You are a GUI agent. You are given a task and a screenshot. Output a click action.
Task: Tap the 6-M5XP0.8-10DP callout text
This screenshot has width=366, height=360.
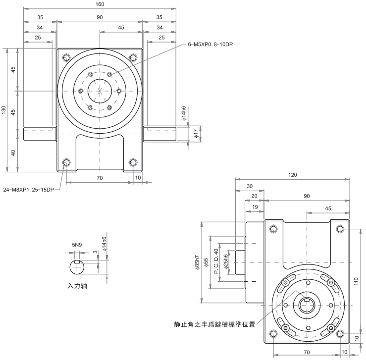210,45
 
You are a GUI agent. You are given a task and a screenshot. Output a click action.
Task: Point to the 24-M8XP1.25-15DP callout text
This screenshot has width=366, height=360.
28,190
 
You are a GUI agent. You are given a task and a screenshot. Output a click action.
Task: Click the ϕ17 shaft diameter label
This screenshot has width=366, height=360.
196,133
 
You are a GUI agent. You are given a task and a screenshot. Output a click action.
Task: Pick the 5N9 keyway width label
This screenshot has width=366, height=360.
77,245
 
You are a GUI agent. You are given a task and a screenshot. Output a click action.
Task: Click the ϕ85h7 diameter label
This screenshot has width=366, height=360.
197,262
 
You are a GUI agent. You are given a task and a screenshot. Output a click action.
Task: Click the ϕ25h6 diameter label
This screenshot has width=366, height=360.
226,262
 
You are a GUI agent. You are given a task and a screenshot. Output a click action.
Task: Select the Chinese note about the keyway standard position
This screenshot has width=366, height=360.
214,325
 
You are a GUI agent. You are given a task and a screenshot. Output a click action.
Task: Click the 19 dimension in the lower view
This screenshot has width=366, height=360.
255,206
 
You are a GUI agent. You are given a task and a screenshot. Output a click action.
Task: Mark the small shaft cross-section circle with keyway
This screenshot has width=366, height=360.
77,266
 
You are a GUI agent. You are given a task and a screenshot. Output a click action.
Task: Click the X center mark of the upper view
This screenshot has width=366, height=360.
100,91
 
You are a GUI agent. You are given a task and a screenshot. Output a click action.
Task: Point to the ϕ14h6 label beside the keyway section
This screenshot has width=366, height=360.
105,244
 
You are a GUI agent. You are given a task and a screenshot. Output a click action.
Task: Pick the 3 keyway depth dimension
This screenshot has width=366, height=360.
95,253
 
